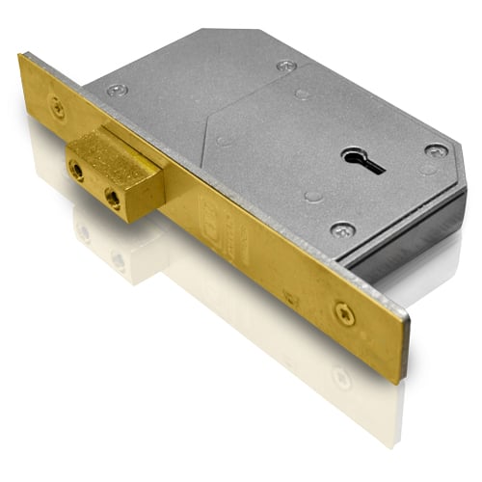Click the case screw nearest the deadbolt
tap(117, 90)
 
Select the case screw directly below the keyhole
tap(341, 229)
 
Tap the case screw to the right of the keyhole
tap(435, 151)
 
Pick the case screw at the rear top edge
tap(286, 66)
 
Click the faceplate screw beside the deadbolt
tap(58, 108)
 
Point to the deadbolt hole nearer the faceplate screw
tap(77, 172)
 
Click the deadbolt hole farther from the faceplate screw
tap(113, 200)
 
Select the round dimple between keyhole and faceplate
tap(312, 196)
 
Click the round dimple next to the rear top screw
tap(302, 94)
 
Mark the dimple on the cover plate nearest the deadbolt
tap(223, 141)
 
